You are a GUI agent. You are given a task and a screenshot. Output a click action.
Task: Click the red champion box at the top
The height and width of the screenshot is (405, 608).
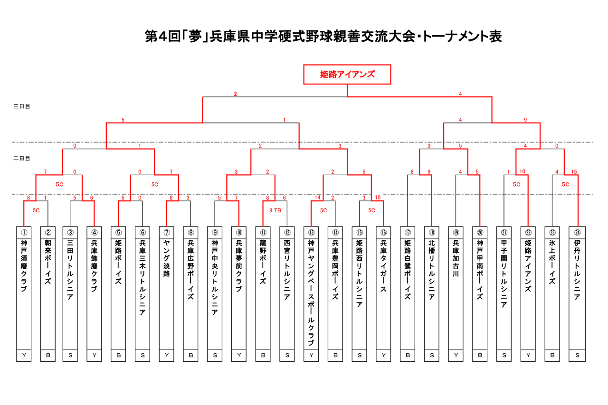347,75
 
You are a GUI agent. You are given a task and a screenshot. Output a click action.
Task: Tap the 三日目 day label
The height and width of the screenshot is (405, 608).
22,106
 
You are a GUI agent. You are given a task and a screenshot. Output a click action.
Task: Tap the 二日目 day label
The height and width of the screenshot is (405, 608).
22,158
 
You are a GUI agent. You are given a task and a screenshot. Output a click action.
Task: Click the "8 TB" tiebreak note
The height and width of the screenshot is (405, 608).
275,210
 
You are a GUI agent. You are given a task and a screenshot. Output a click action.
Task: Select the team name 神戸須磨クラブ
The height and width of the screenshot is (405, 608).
24,266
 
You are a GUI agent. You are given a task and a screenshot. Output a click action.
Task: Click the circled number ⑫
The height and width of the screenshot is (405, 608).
287,232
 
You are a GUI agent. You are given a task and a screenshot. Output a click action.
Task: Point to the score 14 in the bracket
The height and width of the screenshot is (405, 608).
317,198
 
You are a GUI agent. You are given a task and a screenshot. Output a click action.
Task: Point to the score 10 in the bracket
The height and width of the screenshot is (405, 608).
522,171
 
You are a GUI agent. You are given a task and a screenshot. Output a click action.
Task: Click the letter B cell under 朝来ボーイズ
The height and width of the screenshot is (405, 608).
48,355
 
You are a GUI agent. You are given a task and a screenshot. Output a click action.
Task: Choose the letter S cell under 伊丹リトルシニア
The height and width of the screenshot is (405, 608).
577,355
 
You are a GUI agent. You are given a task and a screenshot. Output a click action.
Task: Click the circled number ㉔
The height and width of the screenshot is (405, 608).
577,232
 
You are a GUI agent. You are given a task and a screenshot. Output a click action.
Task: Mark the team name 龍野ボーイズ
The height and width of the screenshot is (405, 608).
263,264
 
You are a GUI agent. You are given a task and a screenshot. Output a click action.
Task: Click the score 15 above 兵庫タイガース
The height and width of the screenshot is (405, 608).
377,198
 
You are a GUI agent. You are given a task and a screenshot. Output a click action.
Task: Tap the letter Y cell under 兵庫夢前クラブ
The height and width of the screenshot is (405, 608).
239,355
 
